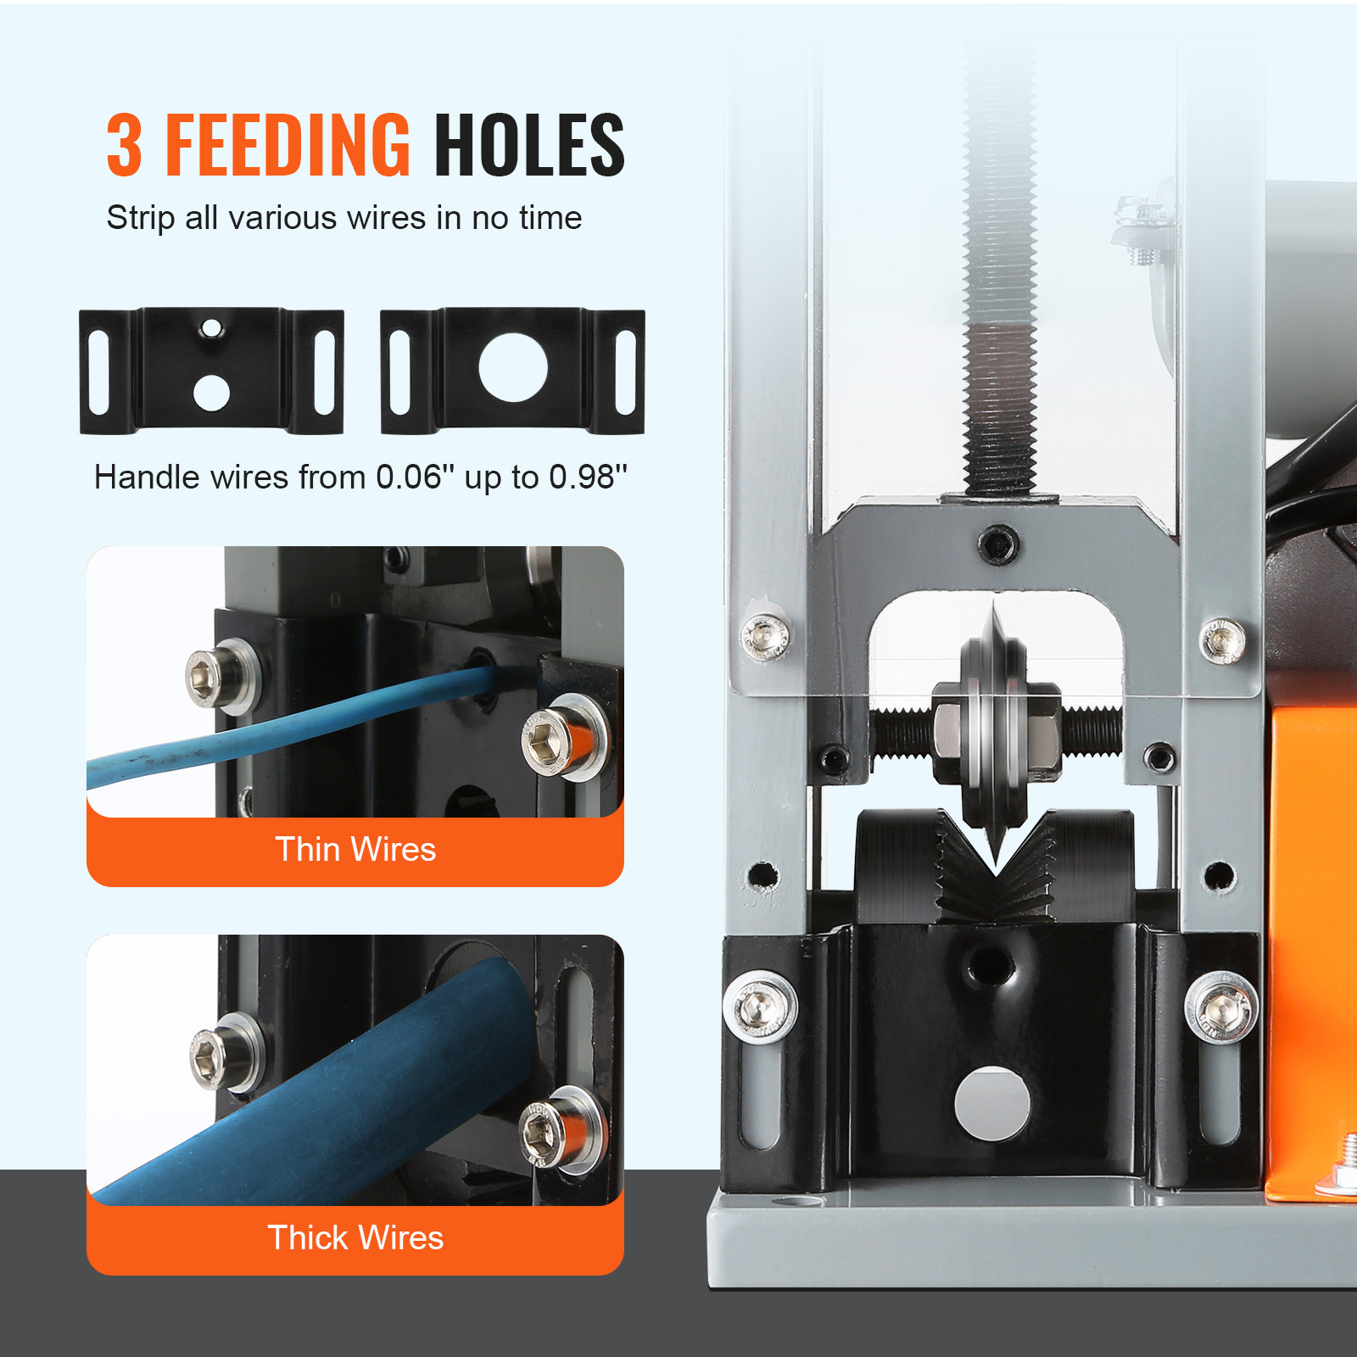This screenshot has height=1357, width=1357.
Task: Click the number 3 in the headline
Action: point(124,146)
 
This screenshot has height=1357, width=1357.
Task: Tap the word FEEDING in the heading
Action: point(288,146)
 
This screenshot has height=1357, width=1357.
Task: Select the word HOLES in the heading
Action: point(529,146)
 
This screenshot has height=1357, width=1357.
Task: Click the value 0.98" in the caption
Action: point(588,477)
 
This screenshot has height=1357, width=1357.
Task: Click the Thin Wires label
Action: point(355,850)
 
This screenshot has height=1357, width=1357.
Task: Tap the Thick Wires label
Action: point(355,1238)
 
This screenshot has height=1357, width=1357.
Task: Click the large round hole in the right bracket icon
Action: point(513,367)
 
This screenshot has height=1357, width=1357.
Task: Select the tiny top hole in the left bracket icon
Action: point(212,328)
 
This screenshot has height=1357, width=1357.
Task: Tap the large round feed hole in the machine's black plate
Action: point(992,1103)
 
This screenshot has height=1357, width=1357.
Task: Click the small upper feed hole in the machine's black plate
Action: point(989,963)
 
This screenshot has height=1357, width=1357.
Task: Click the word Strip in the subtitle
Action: point(138,219)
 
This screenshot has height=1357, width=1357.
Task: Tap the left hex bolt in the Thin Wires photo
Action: point(211,678)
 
